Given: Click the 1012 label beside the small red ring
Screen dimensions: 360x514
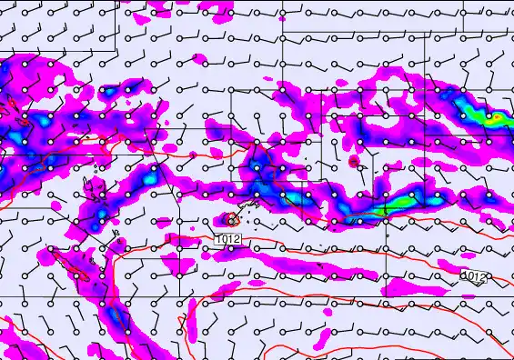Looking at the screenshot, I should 229,239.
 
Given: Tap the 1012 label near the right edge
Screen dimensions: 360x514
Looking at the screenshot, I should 474,275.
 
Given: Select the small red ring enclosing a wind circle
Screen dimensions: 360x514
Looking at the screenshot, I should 232,219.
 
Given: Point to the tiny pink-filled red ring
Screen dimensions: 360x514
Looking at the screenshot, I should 354,162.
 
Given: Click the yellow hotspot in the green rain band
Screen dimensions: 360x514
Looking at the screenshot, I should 498,117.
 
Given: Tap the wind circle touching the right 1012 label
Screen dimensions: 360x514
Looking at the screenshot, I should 463,275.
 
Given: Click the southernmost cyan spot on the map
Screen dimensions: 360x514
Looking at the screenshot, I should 114,317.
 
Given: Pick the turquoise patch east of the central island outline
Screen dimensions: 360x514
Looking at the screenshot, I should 296,196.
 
